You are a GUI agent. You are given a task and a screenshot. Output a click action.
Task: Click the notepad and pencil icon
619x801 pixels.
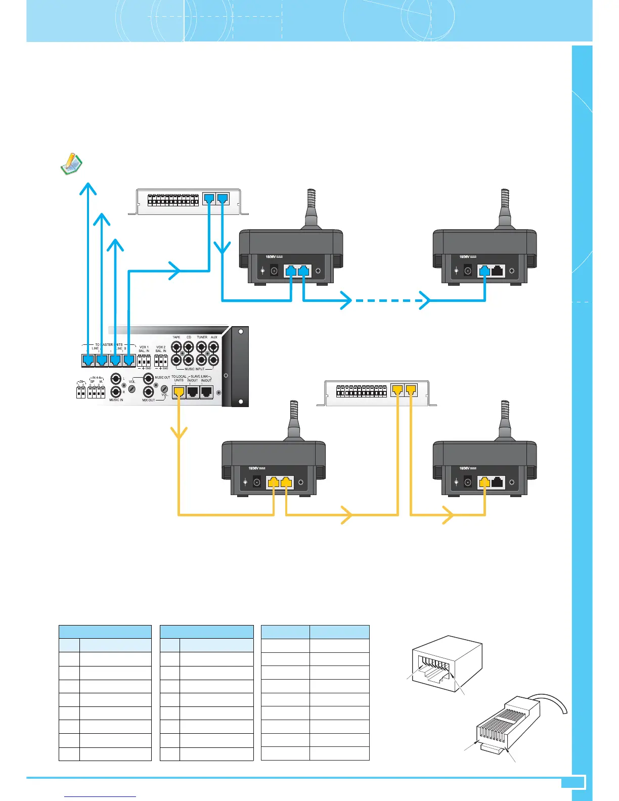pyautogui.click(x=71, y=164)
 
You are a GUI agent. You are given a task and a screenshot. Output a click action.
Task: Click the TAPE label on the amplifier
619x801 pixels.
pyautogui.click(x=176, y=337)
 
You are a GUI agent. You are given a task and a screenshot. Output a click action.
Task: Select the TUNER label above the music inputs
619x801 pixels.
pyautogui.click(x=202, y=337)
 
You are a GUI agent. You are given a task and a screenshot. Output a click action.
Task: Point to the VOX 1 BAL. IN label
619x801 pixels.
pyautogui.click(x=144, y=349)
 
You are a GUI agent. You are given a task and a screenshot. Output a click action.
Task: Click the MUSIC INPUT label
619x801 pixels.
pyautogui.click(x=195, y=369)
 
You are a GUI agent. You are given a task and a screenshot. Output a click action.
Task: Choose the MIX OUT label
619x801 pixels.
pyautogui.click(x=149, y=400)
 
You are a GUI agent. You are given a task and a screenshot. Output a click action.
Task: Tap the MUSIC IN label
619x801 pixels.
pyautogui.click(x=116, y=400)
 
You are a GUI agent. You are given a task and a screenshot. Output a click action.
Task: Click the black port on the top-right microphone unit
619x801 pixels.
pyautogui.click(x=498, y=271)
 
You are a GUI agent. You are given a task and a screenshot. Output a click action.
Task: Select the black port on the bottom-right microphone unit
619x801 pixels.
pyautogui.click(x=498, y=482)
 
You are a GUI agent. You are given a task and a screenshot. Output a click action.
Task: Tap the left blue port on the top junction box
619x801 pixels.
pyautogui.click(x=209, y=198)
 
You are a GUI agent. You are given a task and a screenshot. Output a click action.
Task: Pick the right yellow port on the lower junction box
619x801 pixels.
pyautogui.click(x=411, y=390)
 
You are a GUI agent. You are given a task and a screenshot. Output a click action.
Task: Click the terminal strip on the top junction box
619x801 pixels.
pyautogui.click(x=173, y=200)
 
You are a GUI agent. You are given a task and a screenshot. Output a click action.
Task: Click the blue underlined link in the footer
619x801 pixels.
pyautogui.click(x=101, y=796)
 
